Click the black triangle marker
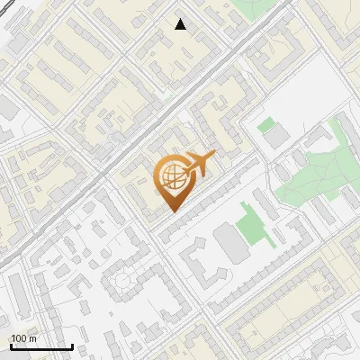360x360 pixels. (180, 24)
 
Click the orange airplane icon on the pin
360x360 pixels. (200, 163)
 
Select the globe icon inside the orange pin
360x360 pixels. (171, 175)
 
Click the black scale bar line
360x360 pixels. (41, 346)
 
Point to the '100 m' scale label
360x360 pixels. (24, 338)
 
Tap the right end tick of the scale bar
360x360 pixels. (72, 345)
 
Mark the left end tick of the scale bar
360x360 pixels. (11, 345)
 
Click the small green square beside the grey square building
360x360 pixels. (265, 126)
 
